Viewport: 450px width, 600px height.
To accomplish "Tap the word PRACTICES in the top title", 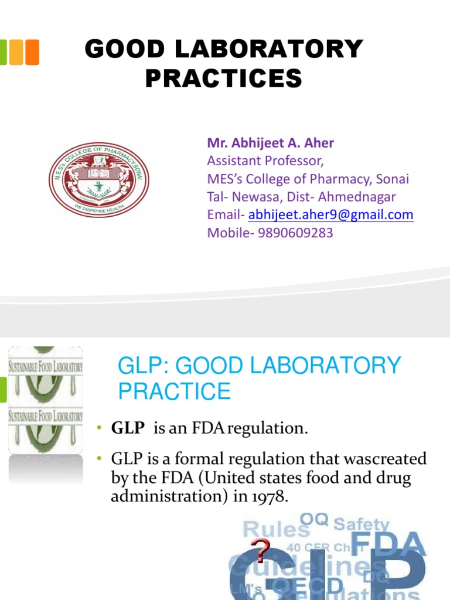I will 223,79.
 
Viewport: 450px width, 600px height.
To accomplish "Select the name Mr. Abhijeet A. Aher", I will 270,143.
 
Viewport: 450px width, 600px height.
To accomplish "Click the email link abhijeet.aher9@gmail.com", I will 330,215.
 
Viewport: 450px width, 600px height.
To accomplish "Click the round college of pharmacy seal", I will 98,179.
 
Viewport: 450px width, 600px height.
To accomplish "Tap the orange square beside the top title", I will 32,52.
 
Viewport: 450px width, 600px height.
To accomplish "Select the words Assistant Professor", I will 265,161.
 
